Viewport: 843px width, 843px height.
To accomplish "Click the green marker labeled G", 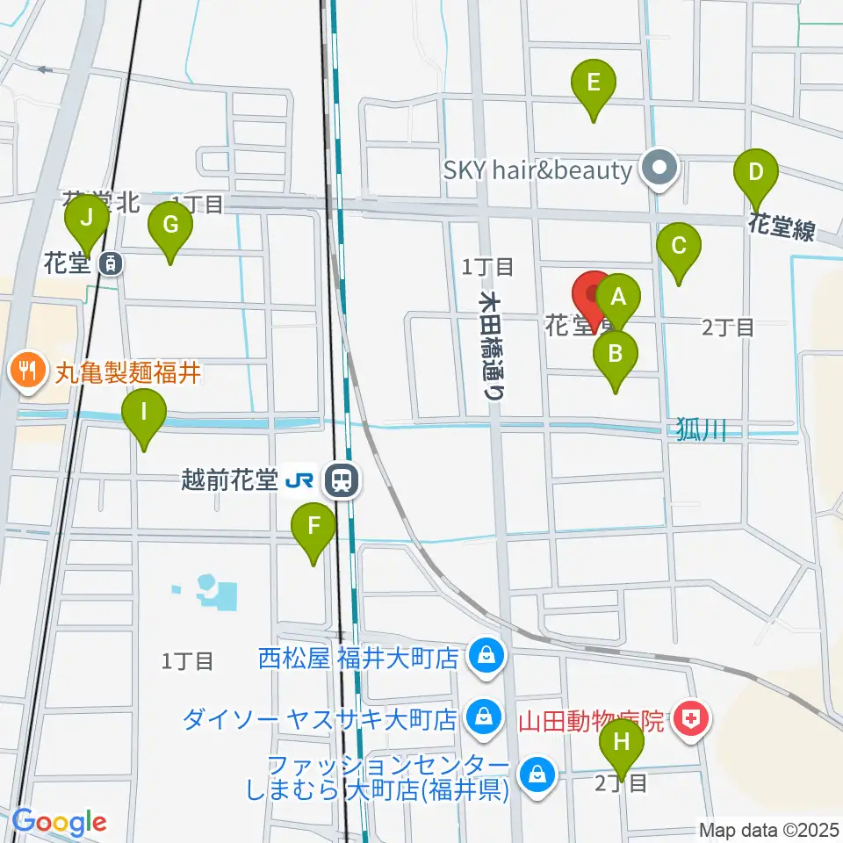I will [x=170, y=228].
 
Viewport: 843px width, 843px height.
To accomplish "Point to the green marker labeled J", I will [x=86, y=220].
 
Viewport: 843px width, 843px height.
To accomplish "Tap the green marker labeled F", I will [x=313, y=529].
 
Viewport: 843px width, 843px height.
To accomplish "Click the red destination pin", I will [x=594, y=295].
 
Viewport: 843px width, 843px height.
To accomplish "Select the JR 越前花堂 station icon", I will [x=340, y=480].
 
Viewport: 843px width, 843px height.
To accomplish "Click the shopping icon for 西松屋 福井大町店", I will [x=483, y=655].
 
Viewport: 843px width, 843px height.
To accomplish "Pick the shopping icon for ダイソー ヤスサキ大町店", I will [x=482, y=717].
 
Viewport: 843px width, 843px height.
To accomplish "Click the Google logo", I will [x=59, y=822].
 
